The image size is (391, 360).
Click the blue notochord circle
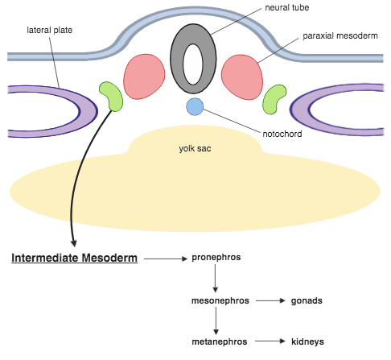tap(195, 106)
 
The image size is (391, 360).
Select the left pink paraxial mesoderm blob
tap(144, 77)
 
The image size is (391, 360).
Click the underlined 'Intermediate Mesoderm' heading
tap(74, 259)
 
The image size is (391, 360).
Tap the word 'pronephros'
tap(216, 258)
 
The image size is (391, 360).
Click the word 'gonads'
tap(306, 300)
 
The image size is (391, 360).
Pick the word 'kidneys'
tap(307, 341)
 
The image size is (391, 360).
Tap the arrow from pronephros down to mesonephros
tap(216, 279)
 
